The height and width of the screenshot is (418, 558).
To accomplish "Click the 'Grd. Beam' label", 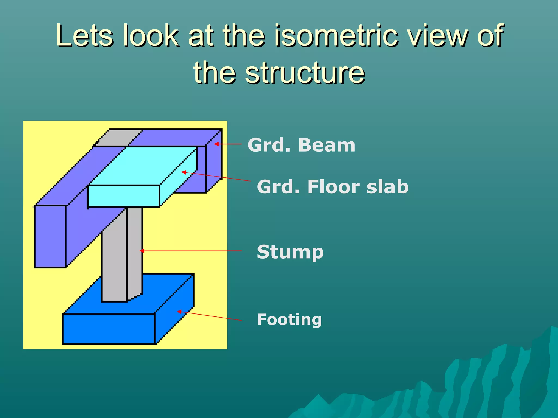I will click(x=301, y=145).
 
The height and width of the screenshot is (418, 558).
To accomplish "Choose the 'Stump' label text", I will click(x=290, y=252).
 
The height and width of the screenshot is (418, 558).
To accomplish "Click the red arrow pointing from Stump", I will click(x=191, y=251).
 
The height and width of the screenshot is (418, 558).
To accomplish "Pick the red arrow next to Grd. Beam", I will click(x=228, y=144).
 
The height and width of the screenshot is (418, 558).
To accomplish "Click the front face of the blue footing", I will click(x=109, y=329).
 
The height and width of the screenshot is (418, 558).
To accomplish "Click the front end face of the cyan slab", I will click(x=123, y=196).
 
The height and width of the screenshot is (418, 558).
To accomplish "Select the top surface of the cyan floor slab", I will click(x=142, y=166).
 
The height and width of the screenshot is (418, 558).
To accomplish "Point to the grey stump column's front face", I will click(x=114, y=267).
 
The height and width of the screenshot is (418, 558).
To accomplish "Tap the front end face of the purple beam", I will click(x=50, y=236).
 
